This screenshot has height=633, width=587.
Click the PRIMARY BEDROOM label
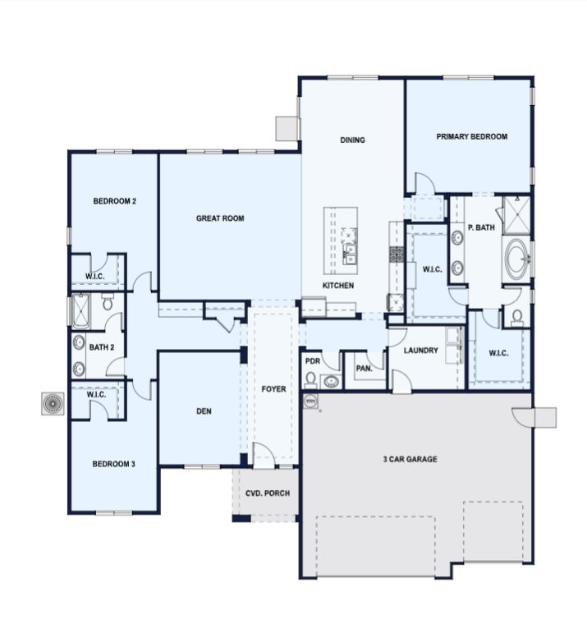point(471,136)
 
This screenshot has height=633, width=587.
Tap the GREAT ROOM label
point(220,218)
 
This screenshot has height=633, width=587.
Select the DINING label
point(352,140)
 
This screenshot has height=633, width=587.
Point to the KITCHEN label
point(338,286)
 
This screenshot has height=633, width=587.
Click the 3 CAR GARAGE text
point(410,459)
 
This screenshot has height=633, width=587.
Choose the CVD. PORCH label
point(268,493)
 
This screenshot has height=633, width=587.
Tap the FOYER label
point(273,389)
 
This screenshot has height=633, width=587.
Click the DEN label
point(204,411)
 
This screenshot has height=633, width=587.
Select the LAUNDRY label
point(420,351)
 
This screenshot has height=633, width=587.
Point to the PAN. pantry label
point(365,368)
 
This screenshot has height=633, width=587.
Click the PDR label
point(313,361)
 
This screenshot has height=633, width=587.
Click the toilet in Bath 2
point(108,302)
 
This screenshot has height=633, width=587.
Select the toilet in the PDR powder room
point(310,379)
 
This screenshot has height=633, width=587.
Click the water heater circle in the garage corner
point(310,401)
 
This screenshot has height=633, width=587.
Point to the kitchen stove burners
point(397,255)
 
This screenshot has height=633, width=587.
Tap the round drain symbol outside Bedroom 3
point(53,403)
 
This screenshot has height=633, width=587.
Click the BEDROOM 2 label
point(115,201)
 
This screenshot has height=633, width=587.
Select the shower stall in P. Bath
point(516,215)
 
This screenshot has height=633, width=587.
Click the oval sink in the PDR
point(332,381)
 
